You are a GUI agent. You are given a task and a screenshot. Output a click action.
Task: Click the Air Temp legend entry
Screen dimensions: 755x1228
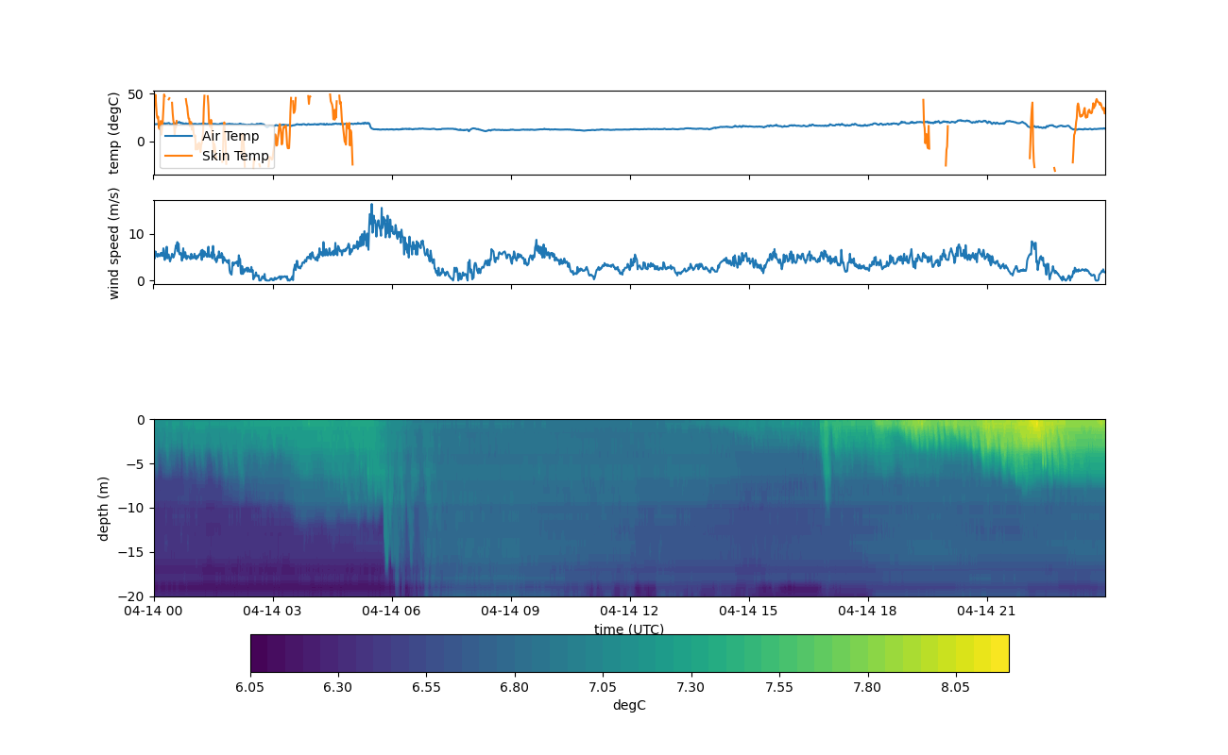pyautogui.click(x=230, y=136)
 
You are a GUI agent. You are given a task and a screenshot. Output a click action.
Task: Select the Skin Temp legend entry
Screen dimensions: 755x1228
pyautogui.click(x=234, y=156)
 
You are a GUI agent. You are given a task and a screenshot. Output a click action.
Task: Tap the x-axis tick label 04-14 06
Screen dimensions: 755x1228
pyautogui.click(x=392, y=611)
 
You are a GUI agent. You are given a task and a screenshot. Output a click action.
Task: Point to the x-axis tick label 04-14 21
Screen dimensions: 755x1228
pyautogui.click(x=987, y=611)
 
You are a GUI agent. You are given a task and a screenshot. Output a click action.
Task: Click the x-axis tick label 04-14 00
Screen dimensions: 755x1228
pyautogui.click(x=154, y=611)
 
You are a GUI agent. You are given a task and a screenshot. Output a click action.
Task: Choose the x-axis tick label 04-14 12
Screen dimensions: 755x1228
pyautogui.click(x=630, y=611)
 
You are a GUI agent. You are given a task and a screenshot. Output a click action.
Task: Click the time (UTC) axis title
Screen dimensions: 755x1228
pyautogui.click(x=629, y=629)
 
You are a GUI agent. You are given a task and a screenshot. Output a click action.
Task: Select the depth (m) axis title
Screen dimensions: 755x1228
pyautogui.click(x=105, y=508)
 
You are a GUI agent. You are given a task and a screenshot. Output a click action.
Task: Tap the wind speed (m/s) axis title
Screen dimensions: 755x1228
pyautogui.click(x=114, y=243)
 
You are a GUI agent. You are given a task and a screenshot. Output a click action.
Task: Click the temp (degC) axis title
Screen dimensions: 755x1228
pyautogui.click(x=114, y=133)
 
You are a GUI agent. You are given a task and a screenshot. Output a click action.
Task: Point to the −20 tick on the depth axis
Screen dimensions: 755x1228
pyautogui.click(x=135, y=596)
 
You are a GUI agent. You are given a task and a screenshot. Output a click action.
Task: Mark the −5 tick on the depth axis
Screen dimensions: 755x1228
pyautogui.click(x=139, y=463)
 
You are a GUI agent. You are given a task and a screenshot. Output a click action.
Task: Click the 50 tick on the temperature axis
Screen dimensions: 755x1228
pyautogui.click(x=135, y=94)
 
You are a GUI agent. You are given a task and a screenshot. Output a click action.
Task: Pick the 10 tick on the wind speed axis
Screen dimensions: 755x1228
pyautogui.click(x=135, y=233)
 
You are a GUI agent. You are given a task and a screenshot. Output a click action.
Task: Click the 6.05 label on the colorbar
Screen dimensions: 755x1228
pyautogui.click(x=250, y=687)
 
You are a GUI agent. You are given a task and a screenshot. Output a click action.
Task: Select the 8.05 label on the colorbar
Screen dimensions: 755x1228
pyautogui.click(x=956, y=687)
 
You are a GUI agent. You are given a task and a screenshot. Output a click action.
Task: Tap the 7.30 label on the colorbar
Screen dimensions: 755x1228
pyautogui.click(x=691, y=687)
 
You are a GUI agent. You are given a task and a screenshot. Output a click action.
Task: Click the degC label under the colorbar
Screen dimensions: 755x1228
pyautogui.click(x=629, y=705)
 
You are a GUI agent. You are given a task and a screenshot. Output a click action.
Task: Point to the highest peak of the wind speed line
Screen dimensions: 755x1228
pyautogui.click(x=371, y=205)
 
